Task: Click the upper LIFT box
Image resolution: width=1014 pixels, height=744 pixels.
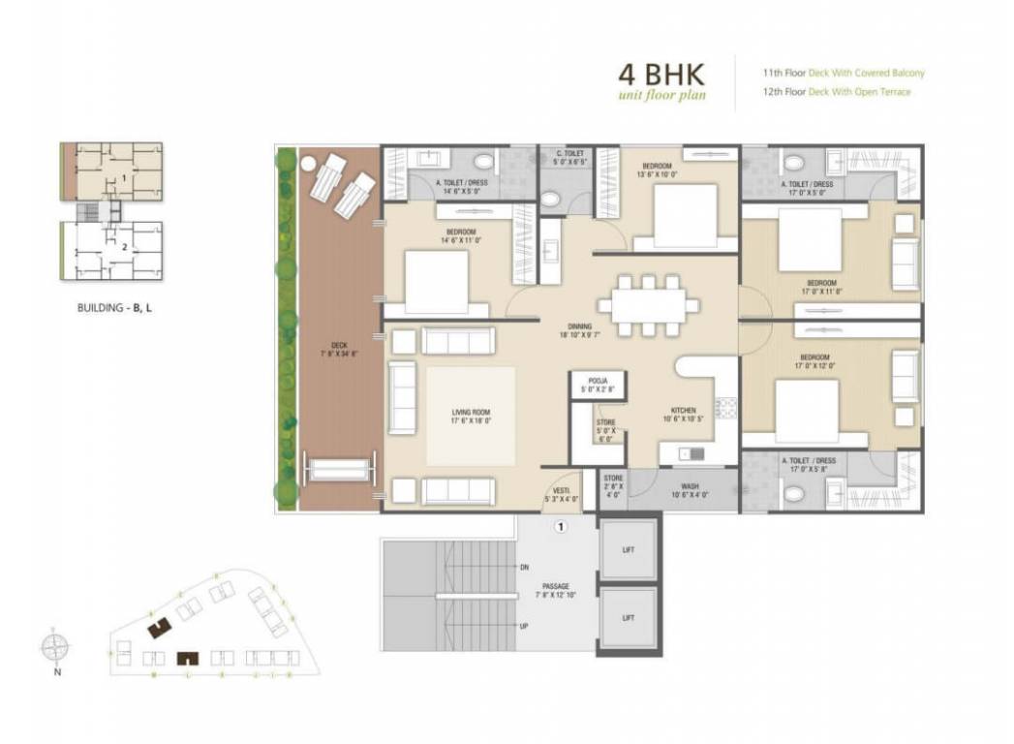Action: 629,549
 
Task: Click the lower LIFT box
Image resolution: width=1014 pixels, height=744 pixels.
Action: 629,617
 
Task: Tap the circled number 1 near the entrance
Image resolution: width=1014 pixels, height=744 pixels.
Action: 559,528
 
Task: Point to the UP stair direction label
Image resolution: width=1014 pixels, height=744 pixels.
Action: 524,626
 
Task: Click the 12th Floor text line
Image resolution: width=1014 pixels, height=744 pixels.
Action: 836,92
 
